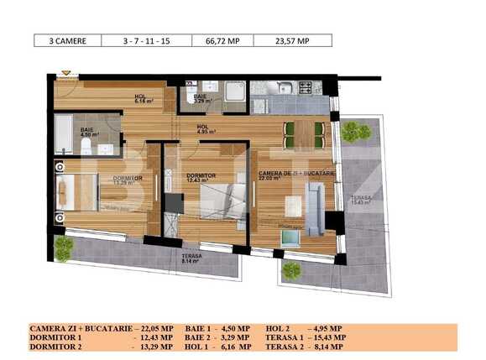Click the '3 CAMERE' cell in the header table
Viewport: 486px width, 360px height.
(66, 40)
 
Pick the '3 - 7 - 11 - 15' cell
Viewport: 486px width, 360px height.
(144, 40)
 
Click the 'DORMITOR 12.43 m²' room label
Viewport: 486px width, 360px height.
(201, 178)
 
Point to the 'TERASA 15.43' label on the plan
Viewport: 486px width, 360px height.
(364, 201)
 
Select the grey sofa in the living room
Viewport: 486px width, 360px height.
(313, 208)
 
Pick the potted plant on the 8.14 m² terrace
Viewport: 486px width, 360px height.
(63, 248)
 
